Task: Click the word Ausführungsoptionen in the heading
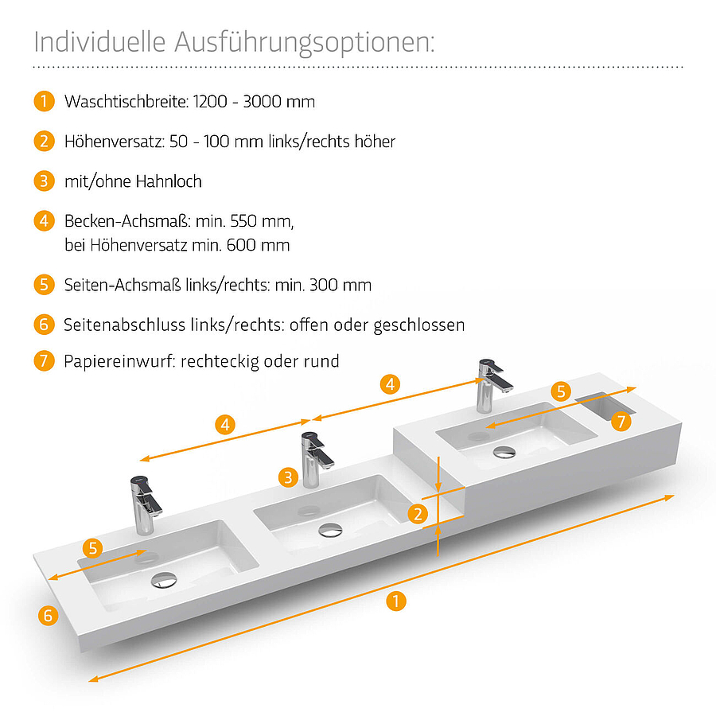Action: (x=304, y=43)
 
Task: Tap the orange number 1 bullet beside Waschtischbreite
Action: (x=45, y=101)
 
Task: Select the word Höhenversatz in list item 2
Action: (x=115, y=142)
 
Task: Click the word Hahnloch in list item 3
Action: (x=169, y=181)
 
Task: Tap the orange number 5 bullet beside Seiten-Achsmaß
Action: (x=45, y=285)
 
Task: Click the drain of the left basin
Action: (x=164, y=580)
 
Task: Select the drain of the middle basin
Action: (x=331, y=530)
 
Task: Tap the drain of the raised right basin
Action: (x=504, y=452)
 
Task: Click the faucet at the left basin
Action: (x=146, y=505)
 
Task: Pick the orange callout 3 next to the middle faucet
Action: (x=288, y=477)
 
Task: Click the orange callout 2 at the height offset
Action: (x=418, y=514)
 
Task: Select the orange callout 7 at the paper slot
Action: (x=621, y=422)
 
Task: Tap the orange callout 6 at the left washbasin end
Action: (x=48, y=616)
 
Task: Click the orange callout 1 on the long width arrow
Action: (x=396, y=601)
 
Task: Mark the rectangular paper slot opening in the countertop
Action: (x=605, y=405)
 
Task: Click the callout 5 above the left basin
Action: (x=93, y=548)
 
